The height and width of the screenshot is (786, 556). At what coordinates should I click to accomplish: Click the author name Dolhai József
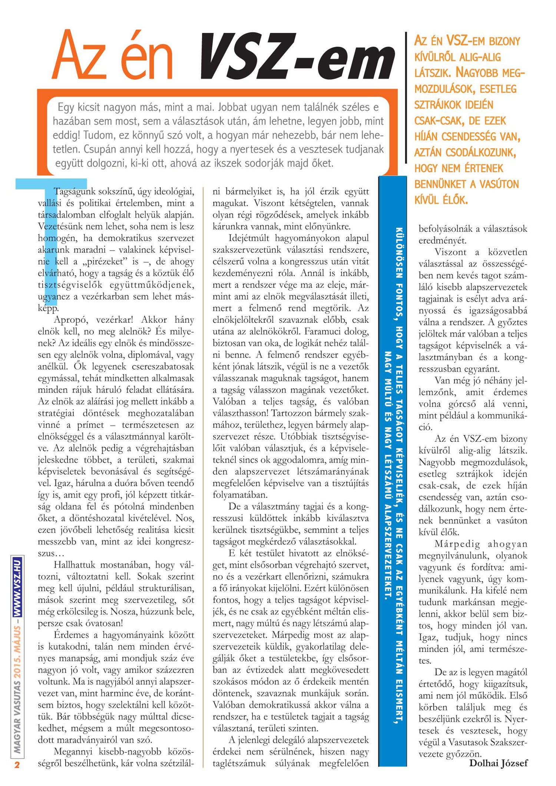[498, 763]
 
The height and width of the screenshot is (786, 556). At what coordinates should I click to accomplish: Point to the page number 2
[17, 765]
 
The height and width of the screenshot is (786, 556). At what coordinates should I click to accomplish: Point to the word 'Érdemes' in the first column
[71, 635]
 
